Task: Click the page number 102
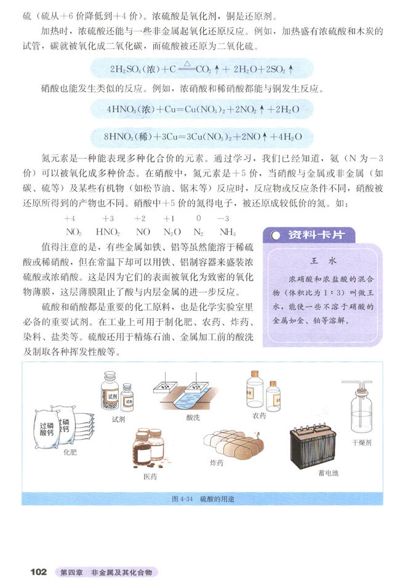pyautogui.click(x=38, y=572)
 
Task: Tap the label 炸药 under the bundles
pyautogui.click(x=217, y=463)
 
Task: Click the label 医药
pyautogui.click(x=150, y=476)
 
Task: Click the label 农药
pyautogui.click(x=259, y=416)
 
